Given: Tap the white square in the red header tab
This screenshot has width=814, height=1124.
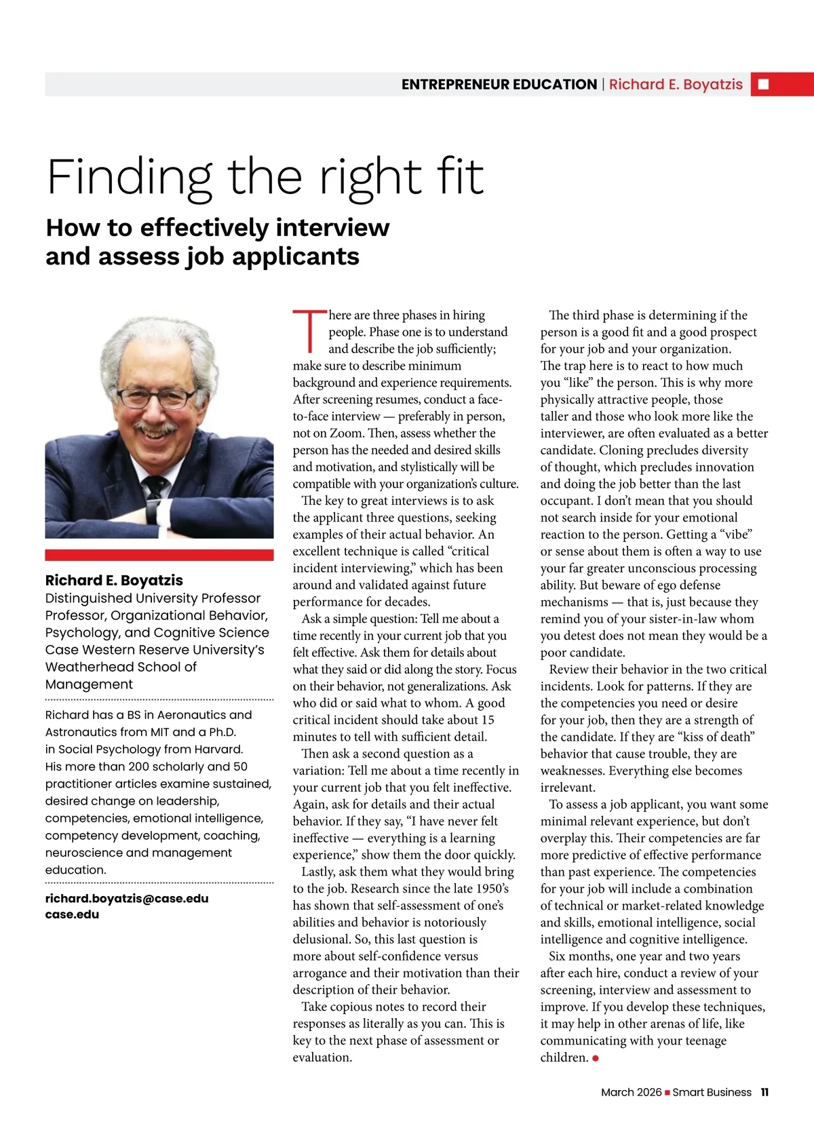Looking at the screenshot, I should pyautogui.click(x=763, y=84).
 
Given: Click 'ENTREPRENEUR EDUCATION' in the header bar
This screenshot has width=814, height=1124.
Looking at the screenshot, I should pyautogui.click(x=499, y=84).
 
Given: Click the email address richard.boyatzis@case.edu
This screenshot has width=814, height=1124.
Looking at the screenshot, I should pyautogui.click(x=127, y=898).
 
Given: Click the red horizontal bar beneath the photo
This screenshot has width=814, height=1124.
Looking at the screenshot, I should pyautogui.click(x=159, y=555).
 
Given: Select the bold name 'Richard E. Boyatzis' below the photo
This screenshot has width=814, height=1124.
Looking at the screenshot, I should pyautogui.click(x=114, y=580).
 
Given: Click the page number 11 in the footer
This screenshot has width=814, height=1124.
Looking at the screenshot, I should pyautogui.click(x=764, y=1092).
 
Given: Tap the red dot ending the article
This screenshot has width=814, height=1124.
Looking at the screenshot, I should pyautogui.click(x=596, y=1058).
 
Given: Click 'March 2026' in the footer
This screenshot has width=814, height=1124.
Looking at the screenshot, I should pyautogui.click(x=631, y=1092).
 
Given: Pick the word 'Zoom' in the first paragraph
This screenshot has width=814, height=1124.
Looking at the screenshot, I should pyautogui.click(x=346, y=433).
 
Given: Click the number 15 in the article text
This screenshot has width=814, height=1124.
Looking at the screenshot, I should pyautogui.click(x=487, y=720).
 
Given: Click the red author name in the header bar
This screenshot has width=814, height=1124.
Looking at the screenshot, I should pyautogui.click(x=676, y=84).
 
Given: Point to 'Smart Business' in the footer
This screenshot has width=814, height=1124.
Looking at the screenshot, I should pyautogui.click(x=712, y=1092).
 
